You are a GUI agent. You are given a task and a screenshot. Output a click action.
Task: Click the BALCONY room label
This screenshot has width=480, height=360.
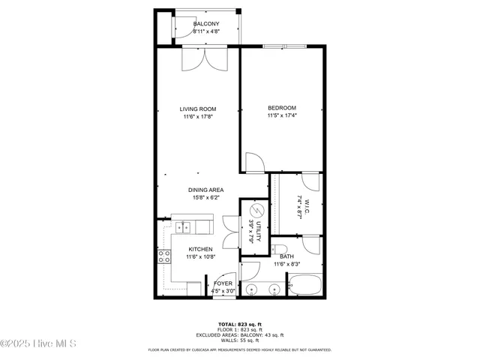click(x=206, y=24)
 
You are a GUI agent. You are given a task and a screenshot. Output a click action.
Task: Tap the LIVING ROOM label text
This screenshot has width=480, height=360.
click(x=198, y=109)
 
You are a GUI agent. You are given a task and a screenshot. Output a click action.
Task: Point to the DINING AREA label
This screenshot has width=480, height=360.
click(x=205, y=190)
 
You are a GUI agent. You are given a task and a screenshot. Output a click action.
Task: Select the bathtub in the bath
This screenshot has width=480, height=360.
click(x=304, y=286)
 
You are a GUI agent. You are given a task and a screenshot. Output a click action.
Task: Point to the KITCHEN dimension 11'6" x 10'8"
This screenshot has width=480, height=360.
click(x=200, y=257)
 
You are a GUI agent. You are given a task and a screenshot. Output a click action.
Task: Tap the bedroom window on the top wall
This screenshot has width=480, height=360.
click(x=284, y=46)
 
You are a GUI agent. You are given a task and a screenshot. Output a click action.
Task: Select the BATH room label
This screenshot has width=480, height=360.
click(x=286, y=256)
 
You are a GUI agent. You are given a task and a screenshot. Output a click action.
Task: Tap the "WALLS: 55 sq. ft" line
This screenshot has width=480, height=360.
click(x=240, y=340)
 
